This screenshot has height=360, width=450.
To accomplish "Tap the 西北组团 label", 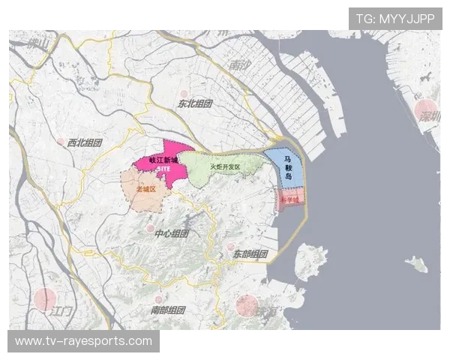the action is [x=84, y=142].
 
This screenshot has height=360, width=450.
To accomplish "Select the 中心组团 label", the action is [x=171, y=234].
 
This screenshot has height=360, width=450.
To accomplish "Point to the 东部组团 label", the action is [x=250, y=253].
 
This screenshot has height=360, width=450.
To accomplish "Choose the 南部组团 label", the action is [x=167, y=310].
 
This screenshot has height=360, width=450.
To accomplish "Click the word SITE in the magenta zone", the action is [x=164, y=170].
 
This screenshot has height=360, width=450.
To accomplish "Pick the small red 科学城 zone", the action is [x=289, y=199].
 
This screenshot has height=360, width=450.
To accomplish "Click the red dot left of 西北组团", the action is [x=60, y=140].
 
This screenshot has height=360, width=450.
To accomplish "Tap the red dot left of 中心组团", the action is [x=150, y=228].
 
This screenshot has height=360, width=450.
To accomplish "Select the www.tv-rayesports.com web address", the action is [x=83, y=341].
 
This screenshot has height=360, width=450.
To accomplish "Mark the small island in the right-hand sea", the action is [x=415, y=263].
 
